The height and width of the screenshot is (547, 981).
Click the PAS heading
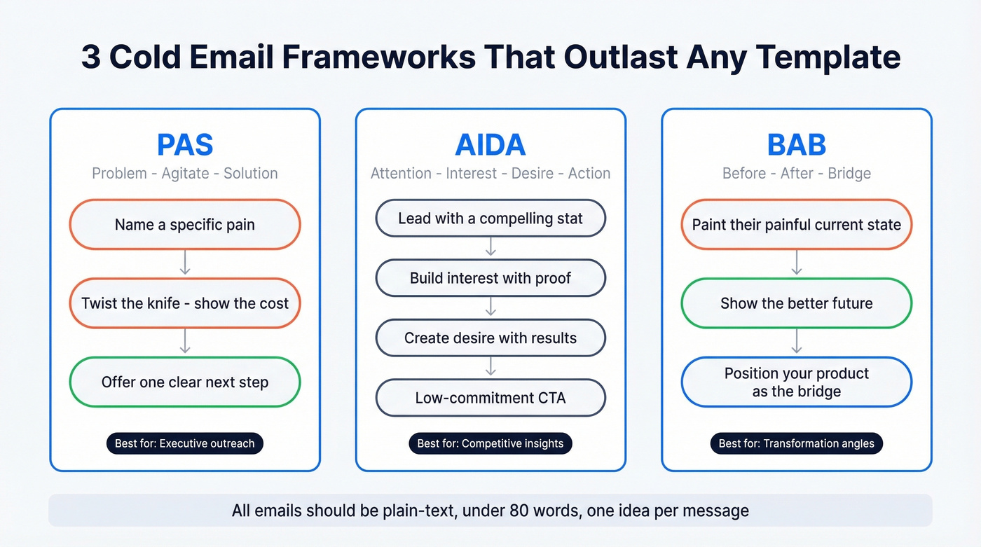(x=185, y=144)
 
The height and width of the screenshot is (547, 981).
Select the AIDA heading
(x=490, y=144)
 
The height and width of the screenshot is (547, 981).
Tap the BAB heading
(x=797, y=144)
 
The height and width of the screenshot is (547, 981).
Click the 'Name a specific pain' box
(x=185, y=225)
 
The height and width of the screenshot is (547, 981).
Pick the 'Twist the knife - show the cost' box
(x=185, y=303)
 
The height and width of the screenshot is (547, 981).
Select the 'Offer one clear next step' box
(x=185, y=382)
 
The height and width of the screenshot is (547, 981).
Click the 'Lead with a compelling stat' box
(x=490, y=219)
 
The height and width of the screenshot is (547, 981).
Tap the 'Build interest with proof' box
(x=490, y=278)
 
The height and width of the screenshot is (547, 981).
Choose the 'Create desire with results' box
(x=490, y=338)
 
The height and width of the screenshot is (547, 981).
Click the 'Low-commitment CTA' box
(x=490, y=398)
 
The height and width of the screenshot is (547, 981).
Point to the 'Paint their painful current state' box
(x=797, y=225)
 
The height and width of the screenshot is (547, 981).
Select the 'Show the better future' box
(x=797, y=303)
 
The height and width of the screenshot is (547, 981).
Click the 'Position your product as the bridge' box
(x=797, y=382)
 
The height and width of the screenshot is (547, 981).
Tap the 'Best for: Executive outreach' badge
(x=185, y=443)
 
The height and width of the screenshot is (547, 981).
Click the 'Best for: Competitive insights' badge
(x=490, y=443)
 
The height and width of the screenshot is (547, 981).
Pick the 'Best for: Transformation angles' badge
(x=797, y=443)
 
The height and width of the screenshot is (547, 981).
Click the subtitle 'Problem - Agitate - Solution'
(x=185, y=173)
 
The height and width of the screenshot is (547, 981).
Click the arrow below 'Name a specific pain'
(x=185, y=264)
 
